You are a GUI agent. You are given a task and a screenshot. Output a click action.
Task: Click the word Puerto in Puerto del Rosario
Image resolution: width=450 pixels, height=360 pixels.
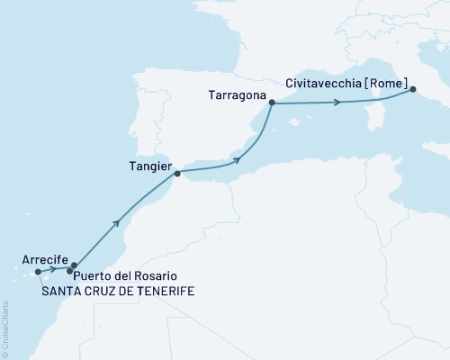point(94,275)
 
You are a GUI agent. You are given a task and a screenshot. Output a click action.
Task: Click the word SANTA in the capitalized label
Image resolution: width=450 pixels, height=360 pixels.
point(59,291)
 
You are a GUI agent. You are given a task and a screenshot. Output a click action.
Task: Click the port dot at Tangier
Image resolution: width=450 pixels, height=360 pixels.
point(177,172)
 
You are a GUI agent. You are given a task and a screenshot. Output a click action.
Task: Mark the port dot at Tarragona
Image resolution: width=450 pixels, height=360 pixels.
point(271,104)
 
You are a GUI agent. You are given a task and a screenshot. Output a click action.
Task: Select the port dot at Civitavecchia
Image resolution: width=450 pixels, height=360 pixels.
point(412,89)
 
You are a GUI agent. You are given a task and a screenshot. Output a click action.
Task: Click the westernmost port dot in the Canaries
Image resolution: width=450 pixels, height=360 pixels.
point(37,271)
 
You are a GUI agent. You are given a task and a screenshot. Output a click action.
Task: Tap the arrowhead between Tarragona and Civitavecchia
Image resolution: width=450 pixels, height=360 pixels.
point(337,103)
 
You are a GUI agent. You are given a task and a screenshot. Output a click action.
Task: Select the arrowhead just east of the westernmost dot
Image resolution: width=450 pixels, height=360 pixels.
point(52,269)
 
